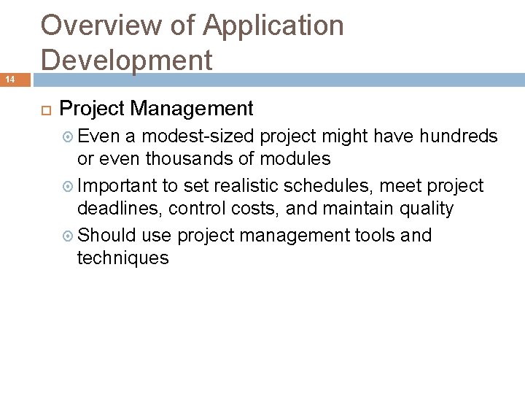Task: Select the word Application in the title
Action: (x=273, y=26)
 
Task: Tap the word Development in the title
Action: (x=127, y=59)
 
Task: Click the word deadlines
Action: (x=119, y=209)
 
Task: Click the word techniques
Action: (x=122, y=258)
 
